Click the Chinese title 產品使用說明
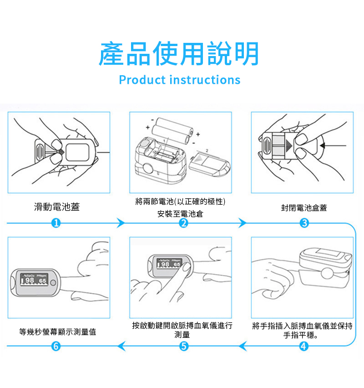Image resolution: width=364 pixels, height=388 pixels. pos(179,53)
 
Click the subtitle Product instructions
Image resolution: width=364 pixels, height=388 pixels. pos(179,80)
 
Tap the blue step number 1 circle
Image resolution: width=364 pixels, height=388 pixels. pos(56,223)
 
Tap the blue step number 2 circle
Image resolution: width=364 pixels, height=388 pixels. pos(183,223)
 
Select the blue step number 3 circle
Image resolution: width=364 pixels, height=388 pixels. pos(305,223)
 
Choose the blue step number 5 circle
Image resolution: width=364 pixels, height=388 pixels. pos(183,347)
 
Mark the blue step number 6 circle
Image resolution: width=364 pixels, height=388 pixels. pos(56,347)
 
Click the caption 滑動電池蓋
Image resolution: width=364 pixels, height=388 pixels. pos(57,207)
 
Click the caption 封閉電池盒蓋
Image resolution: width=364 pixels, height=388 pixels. pos(303,208)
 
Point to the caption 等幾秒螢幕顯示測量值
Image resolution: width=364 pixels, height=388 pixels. pos(58,332)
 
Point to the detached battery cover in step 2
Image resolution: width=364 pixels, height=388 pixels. pos(209,164)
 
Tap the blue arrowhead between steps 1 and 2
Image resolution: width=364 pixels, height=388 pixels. pos(120,223)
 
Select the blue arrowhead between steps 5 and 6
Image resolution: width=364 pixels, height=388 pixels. pos(121,347)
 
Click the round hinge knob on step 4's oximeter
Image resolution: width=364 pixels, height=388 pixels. pos(326,274)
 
